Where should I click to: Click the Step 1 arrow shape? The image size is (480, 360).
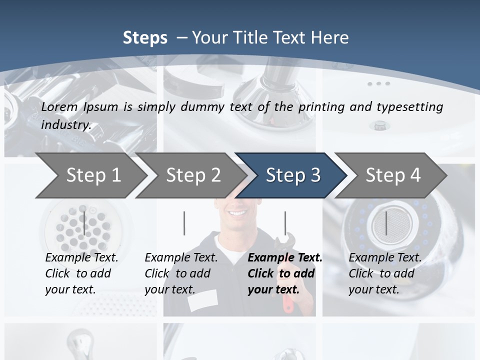pyautogui.click(x=90, y=175)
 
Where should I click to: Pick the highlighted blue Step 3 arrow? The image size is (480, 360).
pyautogui.click(x=292, y=175)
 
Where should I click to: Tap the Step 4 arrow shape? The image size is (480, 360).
pyautogui.click(x=392, y=175)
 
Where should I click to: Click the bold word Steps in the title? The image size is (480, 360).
pyautogui.click(x=145, y=38)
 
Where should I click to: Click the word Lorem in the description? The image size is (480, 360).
pyautogui.click(x=59, y=106)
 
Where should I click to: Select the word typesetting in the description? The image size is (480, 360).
pyautogui.click(x=409, y=107)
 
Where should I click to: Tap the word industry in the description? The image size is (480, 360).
pyautogui.click(x=65, y=125)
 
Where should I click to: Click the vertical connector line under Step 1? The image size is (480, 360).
pyautogui.click(x=84, y=223)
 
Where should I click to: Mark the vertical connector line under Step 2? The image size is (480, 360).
pyautogui.click(x=184, y=223)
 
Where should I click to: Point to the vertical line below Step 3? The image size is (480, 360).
pyautogui.click(x=285, y=223)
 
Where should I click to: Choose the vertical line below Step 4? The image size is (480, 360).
pyautogui.click(x=386, y=223)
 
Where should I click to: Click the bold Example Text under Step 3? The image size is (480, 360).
pyautogui.click(x=285, y=258)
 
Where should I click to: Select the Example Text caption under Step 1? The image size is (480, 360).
pyautogui.click(x=81, y=258)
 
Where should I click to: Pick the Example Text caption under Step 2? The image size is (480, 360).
pyautogui.click(x=181, y=258)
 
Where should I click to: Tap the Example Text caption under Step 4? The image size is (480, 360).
pyautogui.click(x=385, y=258)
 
